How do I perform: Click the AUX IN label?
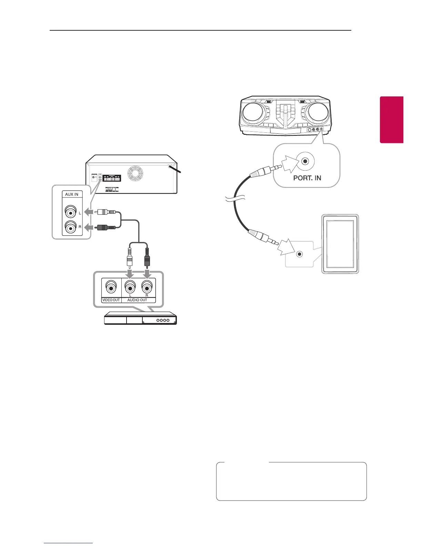pos(72,194)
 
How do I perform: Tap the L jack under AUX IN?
pos(71,213)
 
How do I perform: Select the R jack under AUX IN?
pos(71,227)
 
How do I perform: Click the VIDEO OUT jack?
pos(111,287)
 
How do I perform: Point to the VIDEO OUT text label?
pos(111,300)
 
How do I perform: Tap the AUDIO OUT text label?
pos(137,300)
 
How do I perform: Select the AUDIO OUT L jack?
pos(130,287)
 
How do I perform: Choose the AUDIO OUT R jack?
pos(147,287)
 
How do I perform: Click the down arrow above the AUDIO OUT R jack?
pos(147,274)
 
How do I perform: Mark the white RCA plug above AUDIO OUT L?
pos(129,257)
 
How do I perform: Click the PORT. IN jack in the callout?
pos(305,161)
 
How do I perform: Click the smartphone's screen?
pos(340,244)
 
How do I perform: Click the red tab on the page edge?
pos(392,120)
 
